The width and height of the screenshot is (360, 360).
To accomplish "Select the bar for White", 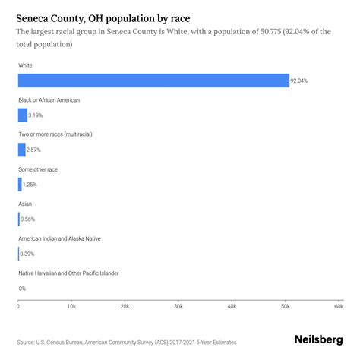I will [153, 81].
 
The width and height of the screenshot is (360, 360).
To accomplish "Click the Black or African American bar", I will [23, 115].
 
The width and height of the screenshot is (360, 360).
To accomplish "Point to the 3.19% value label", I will [36, 115].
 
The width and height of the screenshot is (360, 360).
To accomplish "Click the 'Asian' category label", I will [25, 204].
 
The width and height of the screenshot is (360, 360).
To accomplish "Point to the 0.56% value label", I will [28, 219].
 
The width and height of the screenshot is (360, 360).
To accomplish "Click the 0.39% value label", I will [27, 254].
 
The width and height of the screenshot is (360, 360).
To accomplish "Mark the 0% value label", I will [23, 289].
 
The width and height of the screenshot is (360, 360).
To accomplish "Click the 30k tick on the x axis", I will [178, 306].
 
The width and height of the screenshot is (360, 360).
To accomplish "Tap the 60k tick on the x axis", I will [339, 306].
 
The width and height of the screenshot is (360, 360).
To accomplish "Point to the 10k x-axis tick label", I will [71, 306].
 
